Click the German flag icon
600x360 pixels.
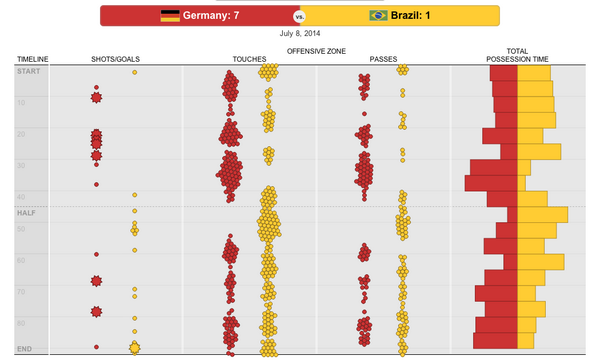point(169,16)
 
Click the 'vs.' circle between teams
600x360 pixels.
point(299,17)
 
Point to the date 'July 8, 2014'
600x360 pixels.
point(299,33)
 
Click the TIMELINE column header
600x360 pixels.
point(33,60)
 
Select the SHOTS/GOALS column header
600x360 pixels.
point(114,60)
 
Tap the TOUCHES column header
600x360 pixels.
point(249,60)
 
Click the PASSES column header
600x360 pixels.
point(383,60)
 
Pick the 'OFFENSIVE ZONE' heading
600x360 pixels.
point(315,50)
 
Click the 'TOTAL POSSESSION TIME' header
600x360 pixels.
point(517,55)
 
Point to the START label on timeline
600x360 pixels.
point(28,71)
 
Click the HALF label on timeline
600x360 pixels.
point(26,213)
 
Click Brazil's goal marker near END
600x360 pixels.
point(134,347)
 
